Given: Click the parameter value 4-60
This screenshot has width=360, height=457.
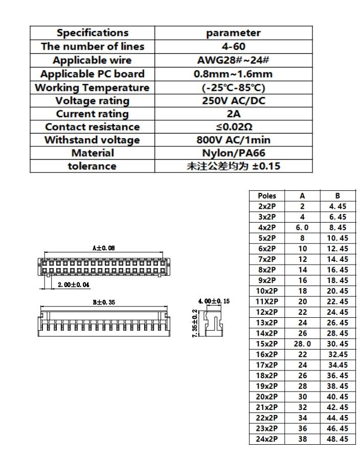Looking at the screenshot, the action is coord(233,47).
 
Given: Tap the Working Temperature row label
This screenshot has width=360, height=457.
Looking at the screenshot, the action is coord(92,88).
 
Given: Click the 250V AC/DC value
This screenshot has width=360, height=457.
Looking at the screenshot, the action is coord(233,100).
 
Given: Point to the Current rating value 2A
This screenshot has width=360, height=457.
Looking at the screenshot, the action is coord(233,114).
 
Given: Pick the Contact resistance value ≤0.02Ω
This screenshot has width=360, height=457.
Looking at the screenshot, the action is coord(233,127).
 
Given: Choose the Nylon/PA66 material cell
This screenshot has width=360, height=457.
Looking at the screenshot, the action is coord(233,153).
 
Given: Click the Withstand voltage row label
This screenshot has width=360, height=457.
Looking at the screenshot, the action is coord(92,140).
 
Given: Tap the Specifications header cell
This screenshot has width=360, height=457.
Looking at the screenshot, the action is coord(92,33).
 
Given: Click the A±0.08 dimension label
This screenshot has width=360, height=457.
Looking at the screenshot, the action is coord(104,248).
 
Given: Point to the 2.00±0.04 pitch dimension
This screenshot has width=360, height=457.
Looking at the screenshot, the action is coord(73,284).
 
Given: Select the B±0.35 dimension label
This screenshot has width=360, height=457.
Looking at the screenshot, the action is coord(104,302).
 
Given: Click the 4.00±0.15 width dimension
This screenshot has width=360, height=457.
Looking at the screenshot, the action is coord(214,301).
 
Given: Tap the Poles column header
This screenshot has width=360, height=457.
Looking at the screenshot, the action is coord(267,195).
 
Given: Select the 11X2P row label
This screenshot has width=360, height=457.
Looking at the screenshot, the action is coord(267,301).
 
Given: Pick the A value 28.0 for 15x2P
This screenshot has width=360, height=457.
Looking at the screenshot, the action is coord(302,343).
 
